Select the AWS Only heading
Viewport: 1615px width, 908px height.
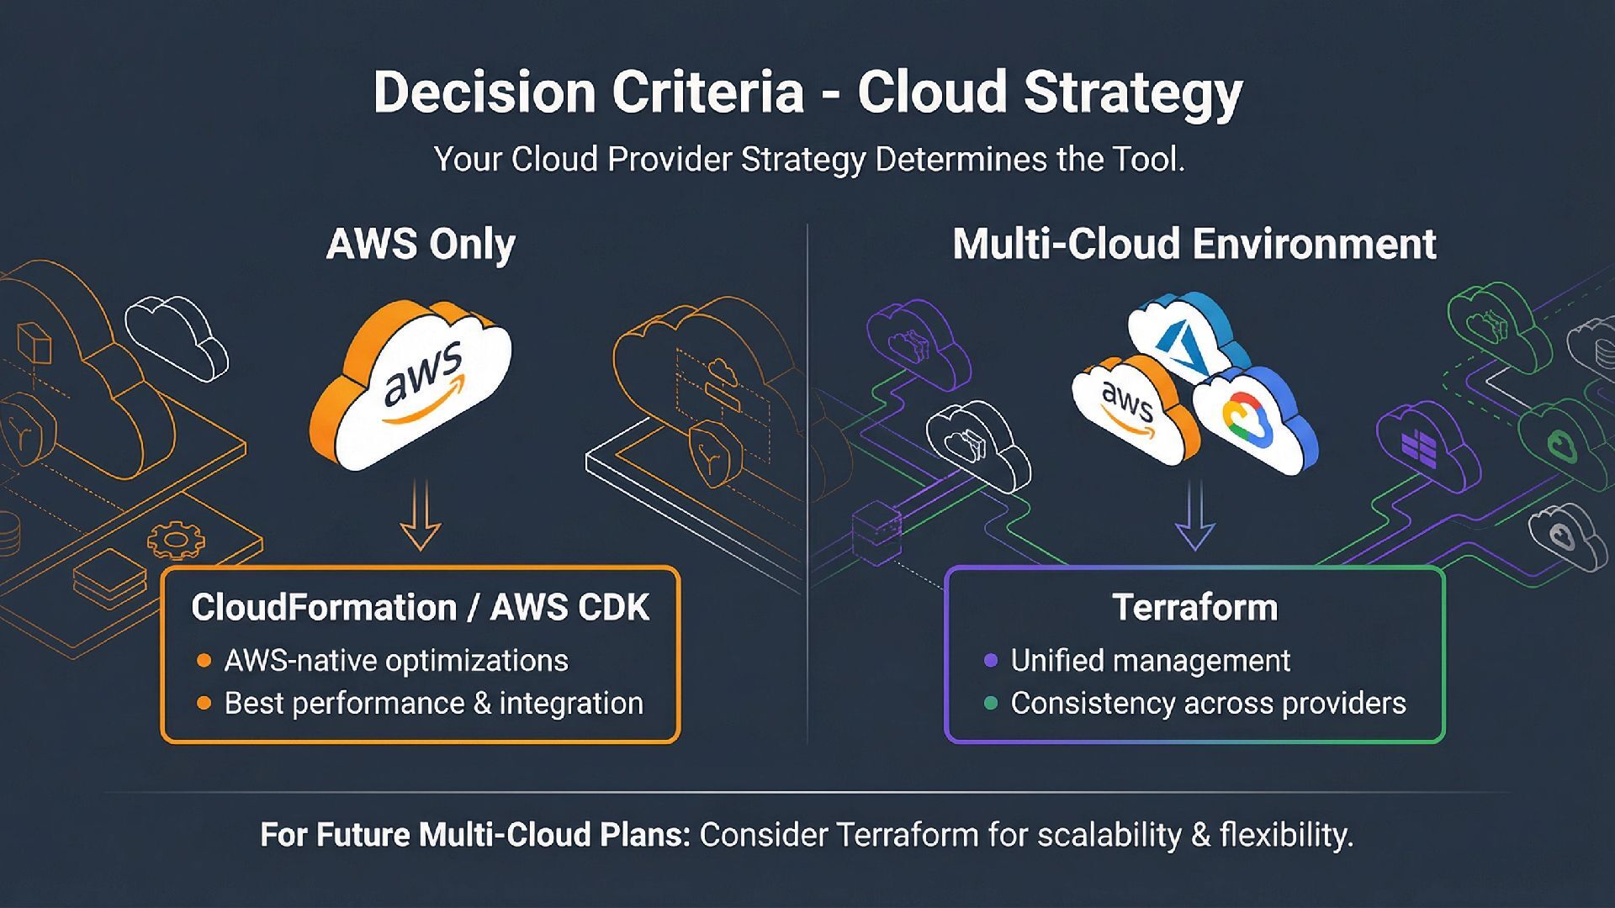[421, 245]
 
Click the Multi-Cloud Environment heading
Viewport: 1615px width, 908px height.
[1194, 245]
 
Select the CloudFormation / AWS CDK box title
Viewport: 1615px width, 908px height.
[420, 608]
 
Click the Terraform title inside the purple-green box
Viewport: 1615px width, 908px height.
[1194, 608]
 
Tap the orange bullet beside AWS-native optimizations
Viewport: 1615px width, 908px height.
[204, 661]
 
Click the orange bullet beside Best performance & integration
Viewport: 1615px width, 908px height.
[204, 703]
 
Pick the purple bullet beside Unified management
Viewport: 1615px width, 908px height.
[991, 661]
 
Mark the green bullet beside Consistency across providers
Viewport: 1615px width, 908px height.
[991, 703]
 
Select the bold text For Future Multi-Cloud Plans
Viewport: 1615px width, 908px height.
[475, 835]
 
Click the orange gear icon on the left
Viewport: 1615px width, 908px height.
[176, 540]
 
